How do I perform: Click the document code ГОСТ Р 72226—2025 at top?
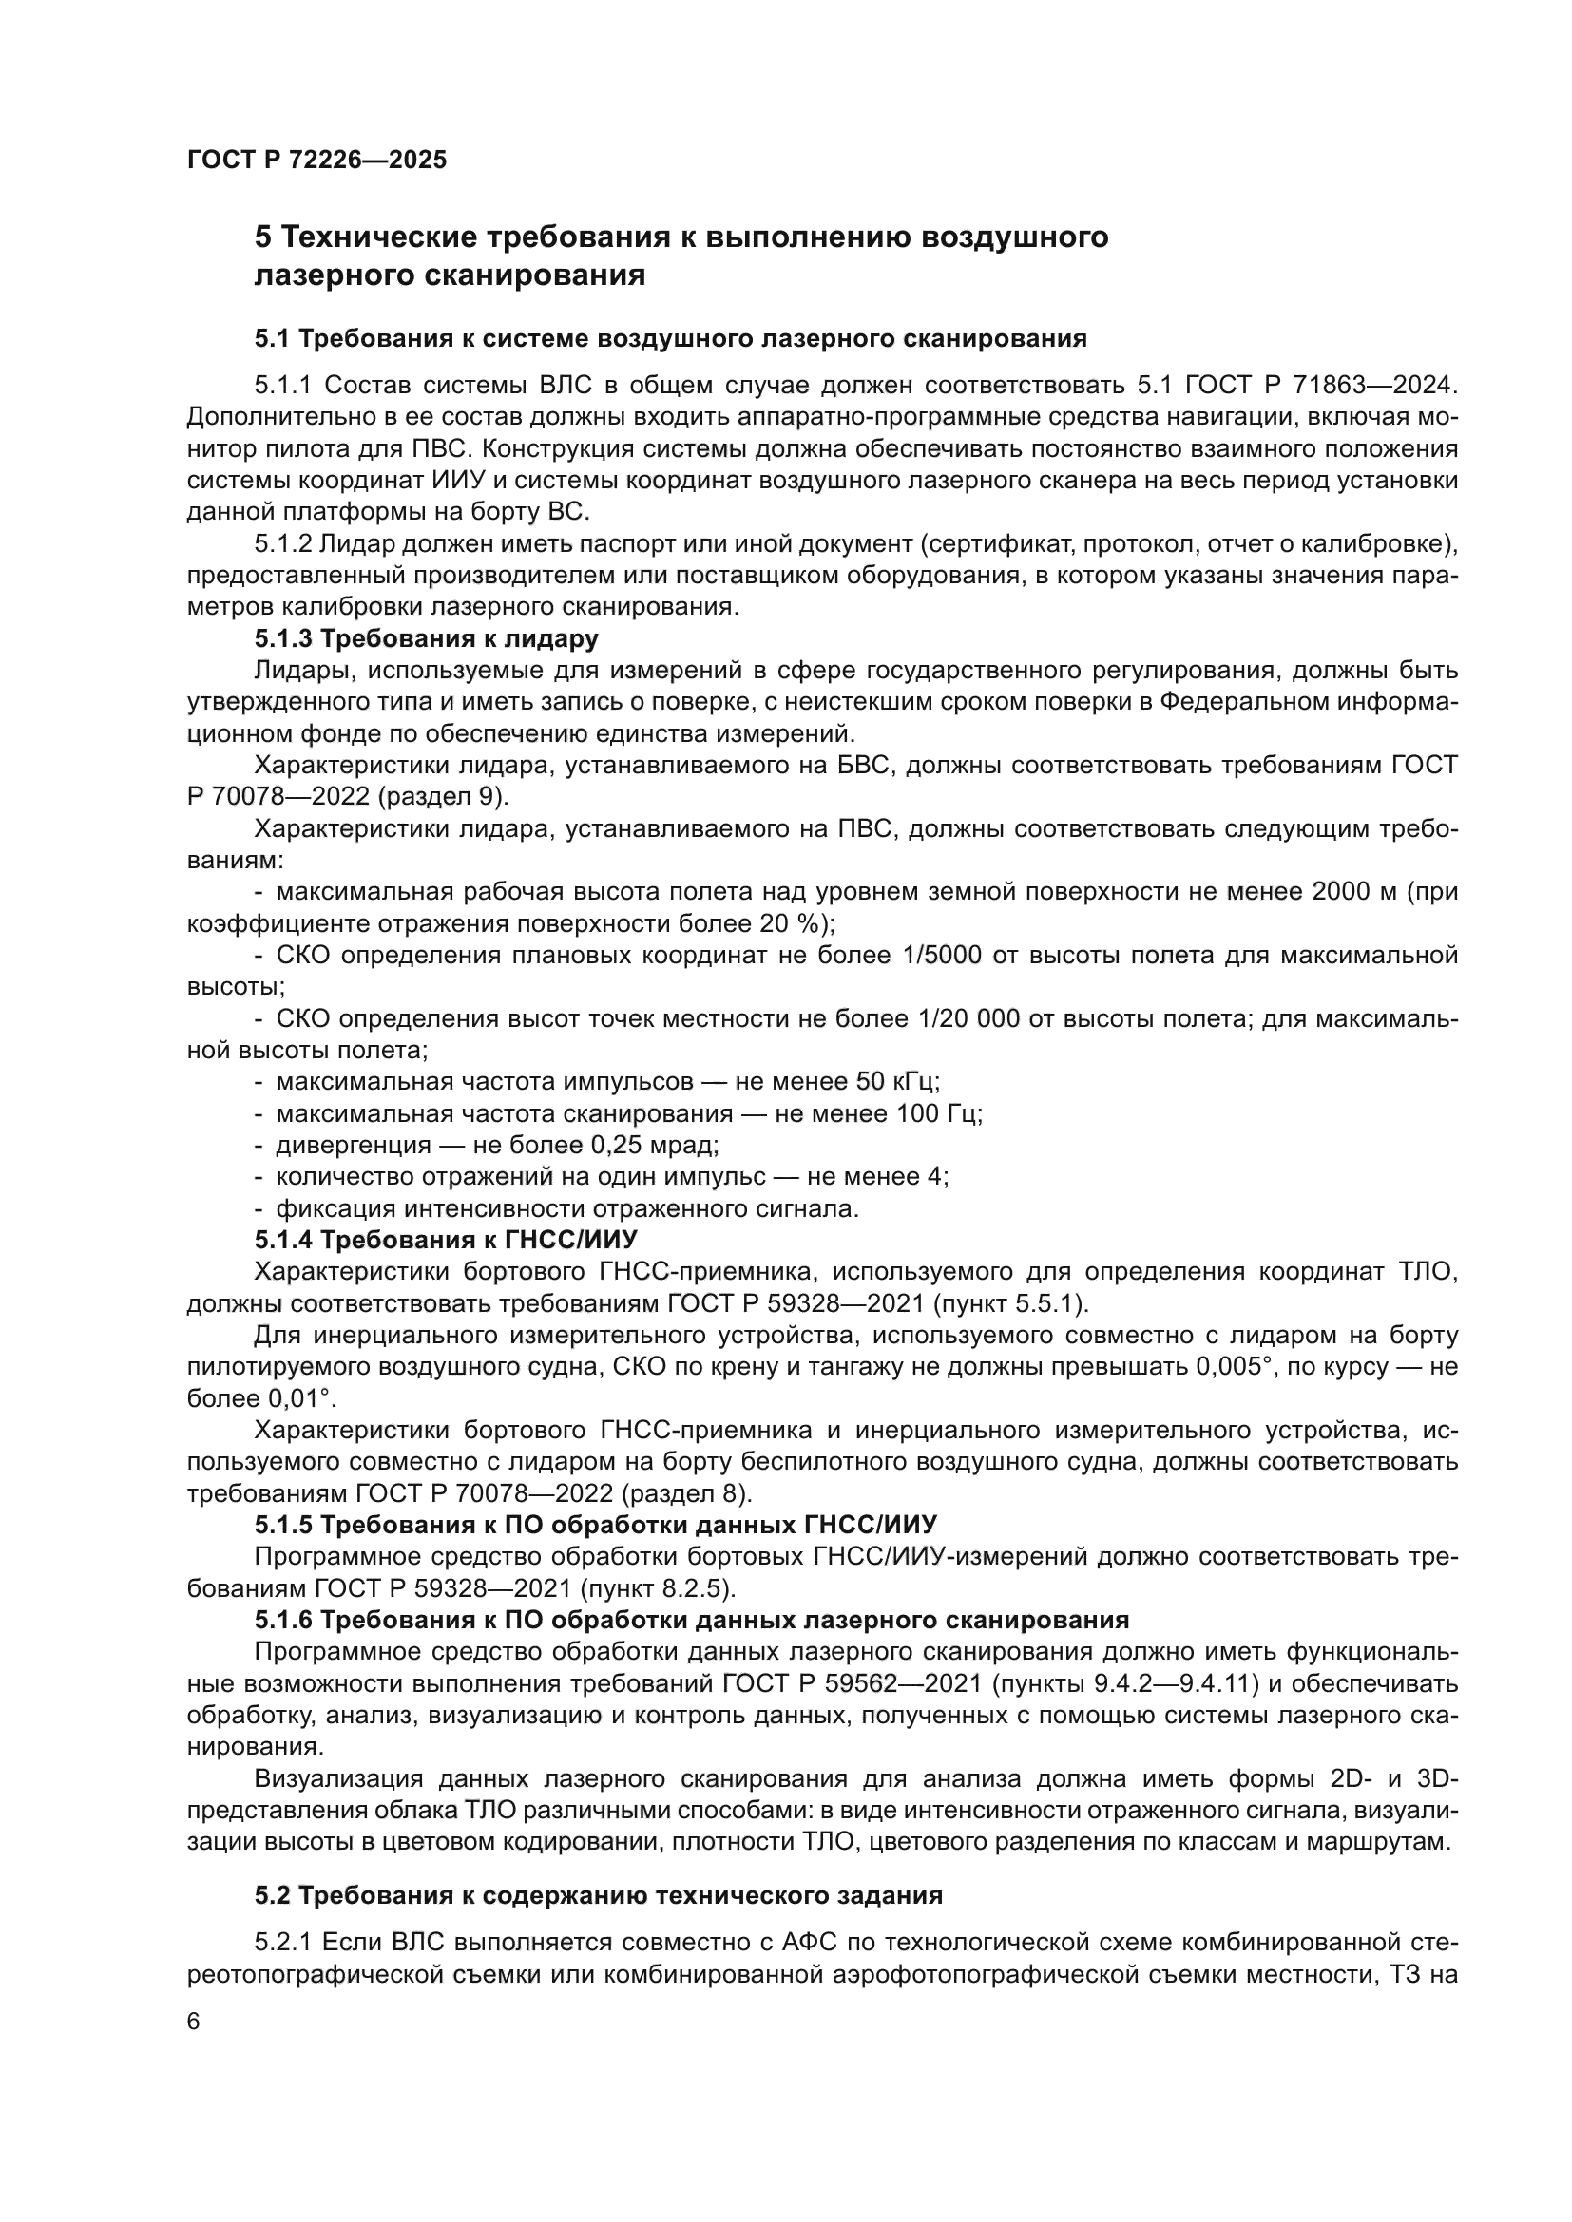coord(316,160)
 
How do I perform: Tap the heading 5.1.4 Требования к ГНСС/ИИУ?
coord(445,1240)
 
